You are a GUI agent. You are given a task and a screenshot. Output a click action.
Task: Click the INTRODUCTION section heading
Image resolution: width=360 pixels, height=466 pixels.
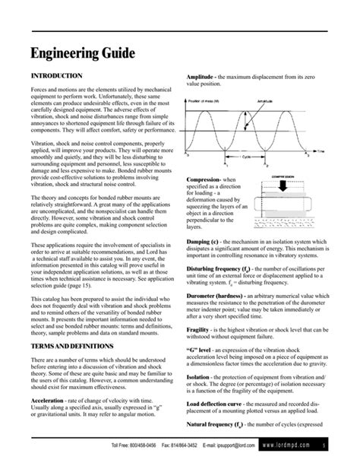coord(55,78)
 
